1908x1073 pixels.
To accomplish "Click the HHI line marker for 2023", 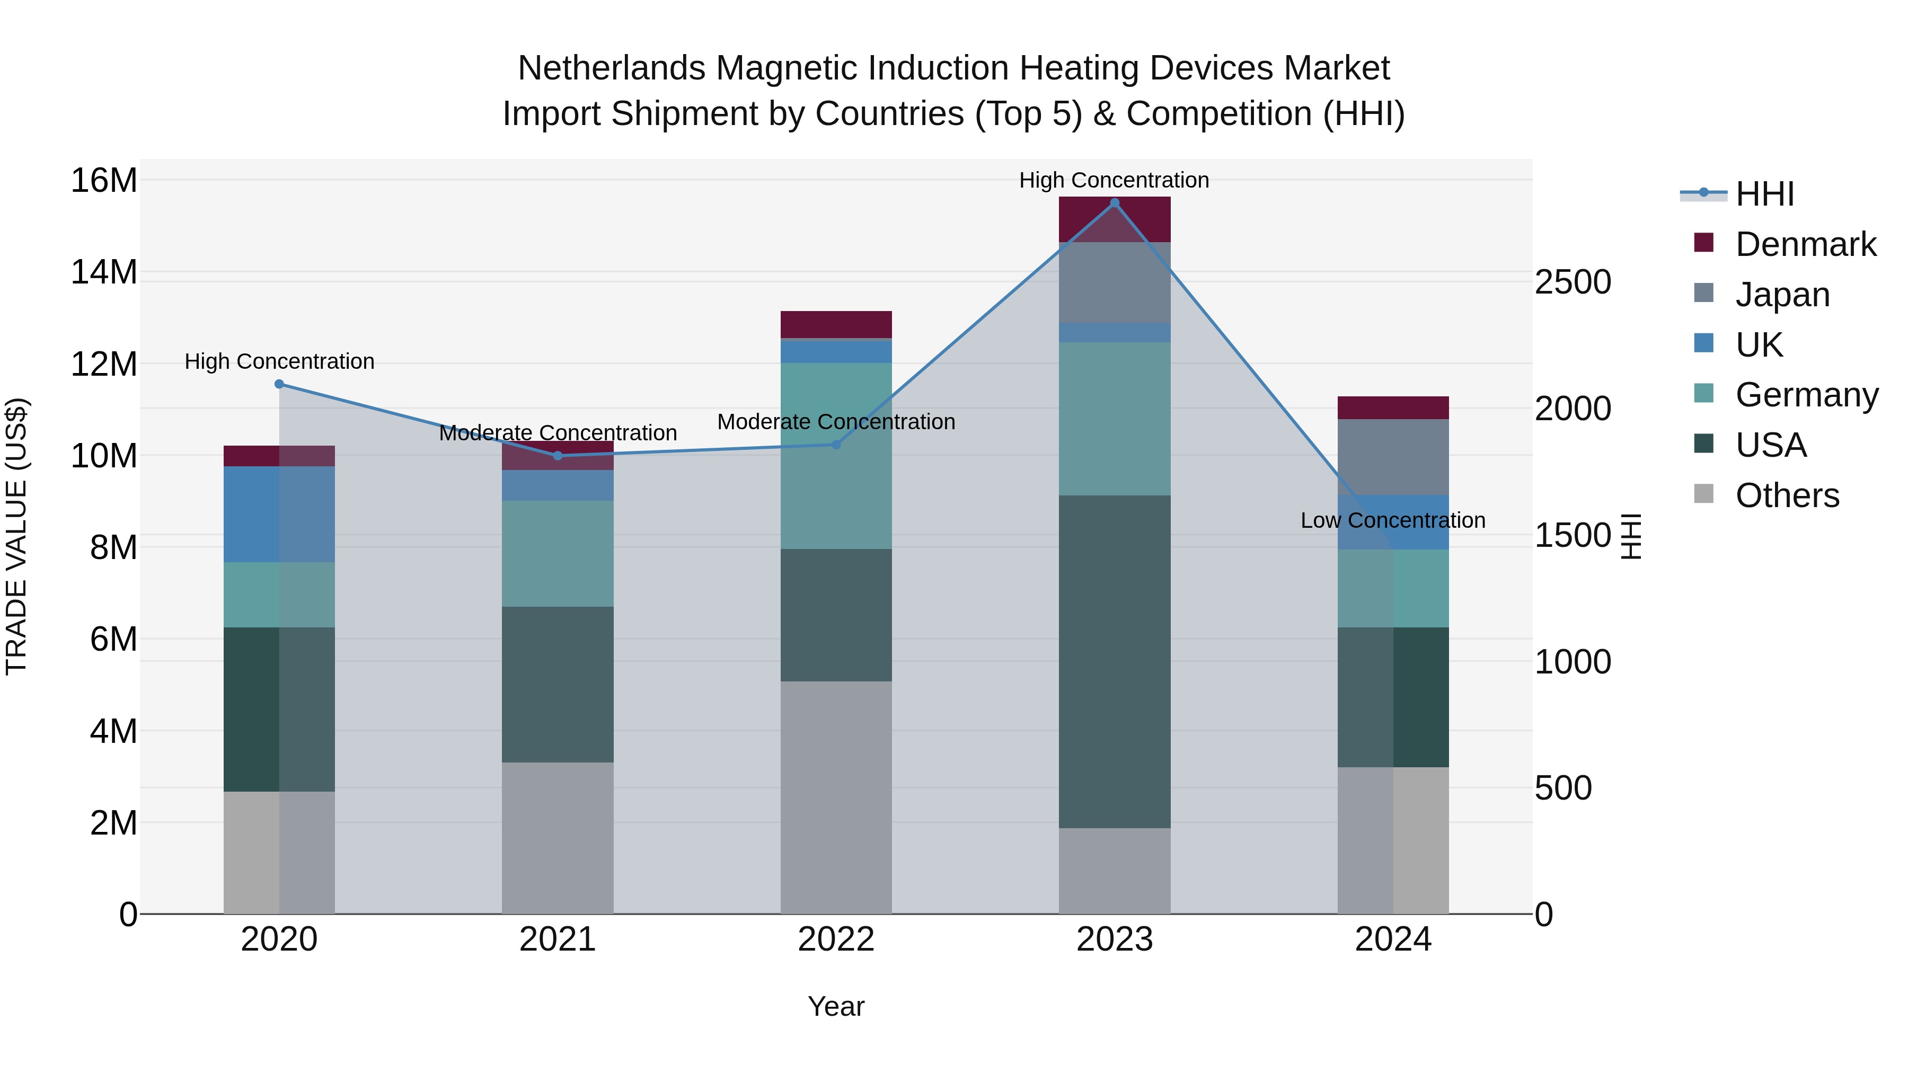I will pos(1114,203).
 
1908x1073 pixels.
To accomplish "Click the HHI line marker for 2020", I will pos(279,384).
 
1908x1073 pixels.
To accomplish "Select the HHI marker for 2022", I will pos(836,445).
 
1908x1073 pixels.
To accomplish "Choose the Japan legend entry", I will pos(1781,295).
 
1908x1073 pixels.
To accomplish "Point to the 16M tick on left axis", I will pos(104,181).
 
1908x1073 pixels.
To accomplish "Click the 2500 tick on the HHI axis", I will pos(1573,282).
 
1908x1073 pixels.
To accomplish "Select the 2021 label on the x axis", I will pos(557,939).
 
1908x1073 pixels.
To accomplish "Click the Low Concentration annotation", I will pos(1392,520).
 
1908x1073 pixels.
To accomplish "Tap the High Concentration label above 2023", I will pos(1114,180).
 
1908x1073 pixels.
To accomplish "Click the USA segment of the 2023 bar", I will pos(1114,661).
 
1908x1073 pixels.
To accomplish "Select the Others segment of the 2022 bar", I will pos(836,797).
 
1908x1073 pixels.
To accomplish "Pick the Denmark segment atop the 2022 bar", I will pos(836,324).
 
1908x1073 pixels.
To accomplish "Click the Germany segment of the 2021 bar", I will pos(557,553).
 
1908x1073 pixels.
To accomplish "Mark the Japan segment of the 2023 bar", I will pos(1114,282).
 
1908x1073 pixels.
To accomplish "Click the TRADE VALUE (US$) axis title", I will pos(16,536).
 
